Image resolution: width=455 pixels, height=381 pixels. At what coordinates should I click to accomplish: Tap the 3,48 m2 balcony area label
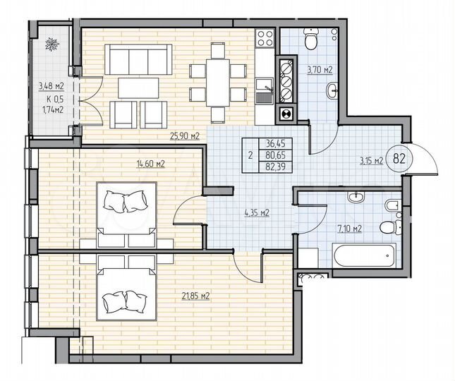click(50, 87)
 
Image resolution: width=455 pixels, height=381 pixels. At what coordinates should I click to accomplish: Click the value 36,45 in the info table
click(274, 142)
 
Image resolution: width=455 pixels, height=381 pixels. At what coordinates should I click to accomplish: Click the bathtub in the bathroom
click(367, 255)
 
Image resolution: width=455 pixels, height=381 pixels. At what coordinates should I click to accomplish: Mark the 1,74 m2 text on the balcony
click(50, 110)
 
